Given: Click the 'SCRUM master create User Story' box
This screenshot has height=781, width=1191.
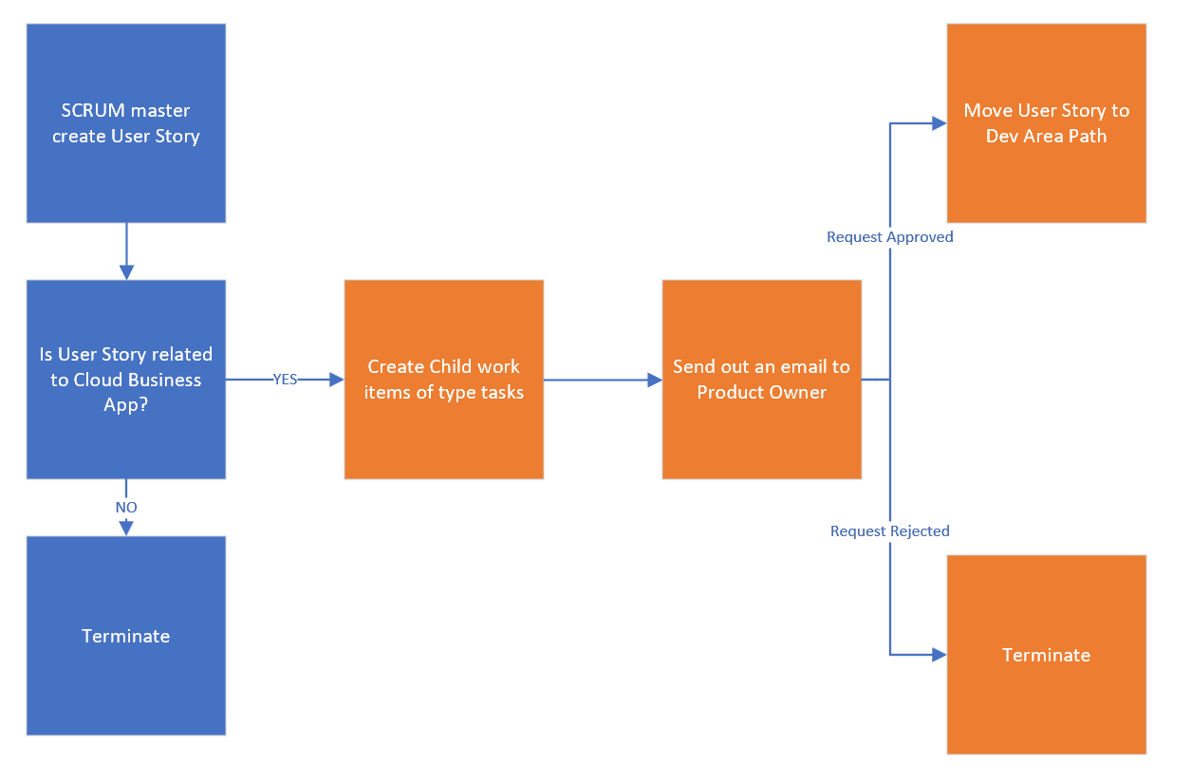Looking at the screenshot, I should coord(126,123).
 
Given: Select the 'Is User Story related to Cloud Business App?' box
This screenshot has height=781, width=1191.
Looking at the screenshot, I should coord(126,380).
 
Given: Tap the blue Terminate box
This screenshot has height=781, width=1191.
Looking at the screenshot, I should coord(126,636).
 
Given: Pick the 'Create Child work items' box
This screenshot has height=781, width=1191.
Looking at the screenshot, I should coord(444,380).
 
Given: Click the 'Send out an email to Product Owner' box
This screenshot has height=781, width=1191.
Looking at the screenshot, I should coord(762,380).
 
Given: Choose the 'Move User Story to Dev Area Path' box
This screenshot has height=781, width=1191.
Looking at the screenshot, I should coord(1047,123).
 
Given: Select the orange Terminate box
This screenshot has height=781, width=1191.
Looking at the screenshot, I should coord(1047,655).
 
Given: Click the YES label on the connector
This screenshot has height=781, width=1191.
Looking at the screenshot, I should coord(285,380).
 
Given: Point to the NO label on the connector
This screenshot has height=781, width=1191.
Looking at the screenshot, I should coord(126,508).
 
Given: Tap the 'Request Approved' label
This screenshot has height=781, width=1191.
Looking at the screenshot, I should coord(889,237).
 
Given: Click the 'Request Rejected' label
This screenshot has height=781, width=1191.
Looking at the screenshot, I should coord(889,531).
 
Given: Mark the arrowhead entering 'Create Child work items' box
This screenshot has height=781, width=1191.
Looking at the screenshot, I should coord(336,380).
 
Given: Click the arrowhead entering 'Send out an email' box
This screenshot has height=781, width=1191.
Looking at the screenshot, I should coord(654,380).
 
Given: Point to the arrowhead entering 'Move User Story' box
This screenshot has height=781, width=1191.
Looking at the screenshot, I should coord(939,123).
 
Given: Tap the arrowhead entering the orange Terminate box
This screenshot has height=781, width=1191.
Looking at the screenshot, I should coord(939,655).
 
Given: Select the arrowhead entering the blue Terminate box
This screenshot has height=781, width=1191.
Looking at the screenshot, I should coord(126,529).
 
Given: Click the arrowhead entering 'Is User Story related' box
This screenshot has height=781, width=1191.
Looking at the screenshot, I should coord(126,272).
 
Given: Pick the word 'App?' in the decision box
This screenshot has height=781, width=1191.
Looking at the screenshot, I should coord(126,405).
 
